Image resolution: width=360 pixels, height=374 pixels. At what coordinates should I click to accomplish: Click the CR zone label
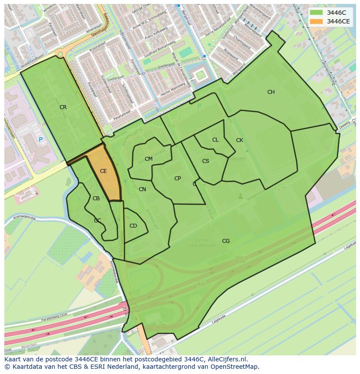tap(63, 107)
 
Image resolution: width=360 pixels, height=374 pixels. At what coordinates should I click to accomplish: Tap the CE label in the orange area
tap(103, 171)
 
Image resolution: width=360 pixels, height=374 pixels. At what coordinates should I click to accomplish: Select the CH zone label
tap(271, 92)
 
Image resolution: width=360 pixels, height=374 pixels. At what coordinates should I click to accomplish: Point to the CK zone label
tap(240, 140)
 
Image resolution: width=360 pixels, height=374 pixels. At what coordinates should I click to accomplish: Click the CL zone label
tap(215, 140)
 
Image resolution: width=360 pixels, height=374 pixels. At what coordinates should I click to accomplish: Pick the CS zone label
tap(206, 161)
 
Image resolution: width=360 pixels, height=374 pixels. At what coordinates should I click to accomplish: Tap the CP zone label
tap(177, 179)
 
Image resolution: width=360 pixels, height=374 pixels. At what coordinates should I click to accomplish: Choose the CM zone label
tap(149, 159)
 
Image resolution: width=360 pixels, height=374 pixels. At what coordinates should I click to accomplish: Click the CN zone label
tap(142, 189)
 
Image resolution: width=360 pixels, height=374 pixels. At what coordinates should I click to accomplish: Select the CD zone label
tap(133, 226)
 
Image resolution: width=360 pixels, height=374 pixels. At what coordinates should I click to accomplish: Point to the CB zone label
tap(96, 199)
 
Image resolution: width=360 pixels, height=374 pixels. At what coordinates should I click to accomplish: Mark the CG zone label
tap(226, 241)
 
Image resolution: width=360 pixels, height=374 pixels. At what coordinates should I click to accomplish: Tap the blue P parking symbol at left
tap(40, 139)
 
